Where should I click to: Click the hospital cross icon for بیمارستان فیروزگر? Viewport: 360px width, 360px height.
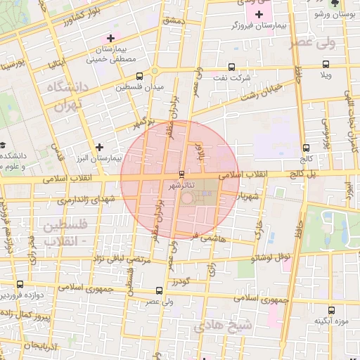[x=260, y=15]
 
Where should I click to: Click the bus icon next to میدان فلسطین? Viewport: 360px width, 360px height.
[x=139, y=76]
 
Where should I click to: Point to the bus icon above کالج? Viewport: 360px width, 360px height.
[x=305, y=148]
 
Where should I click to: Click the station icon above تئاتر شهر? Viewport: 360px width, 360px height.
[x=182, y=174]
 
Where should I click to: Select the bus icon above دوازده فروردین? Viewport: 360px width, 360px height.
[x=19, y=285]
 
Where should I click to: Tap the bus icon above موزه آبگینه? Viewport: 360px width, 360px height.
[x=330, y=309]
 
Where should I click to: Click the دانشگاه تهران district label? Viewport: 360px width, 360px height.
[x=65, y=96]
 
